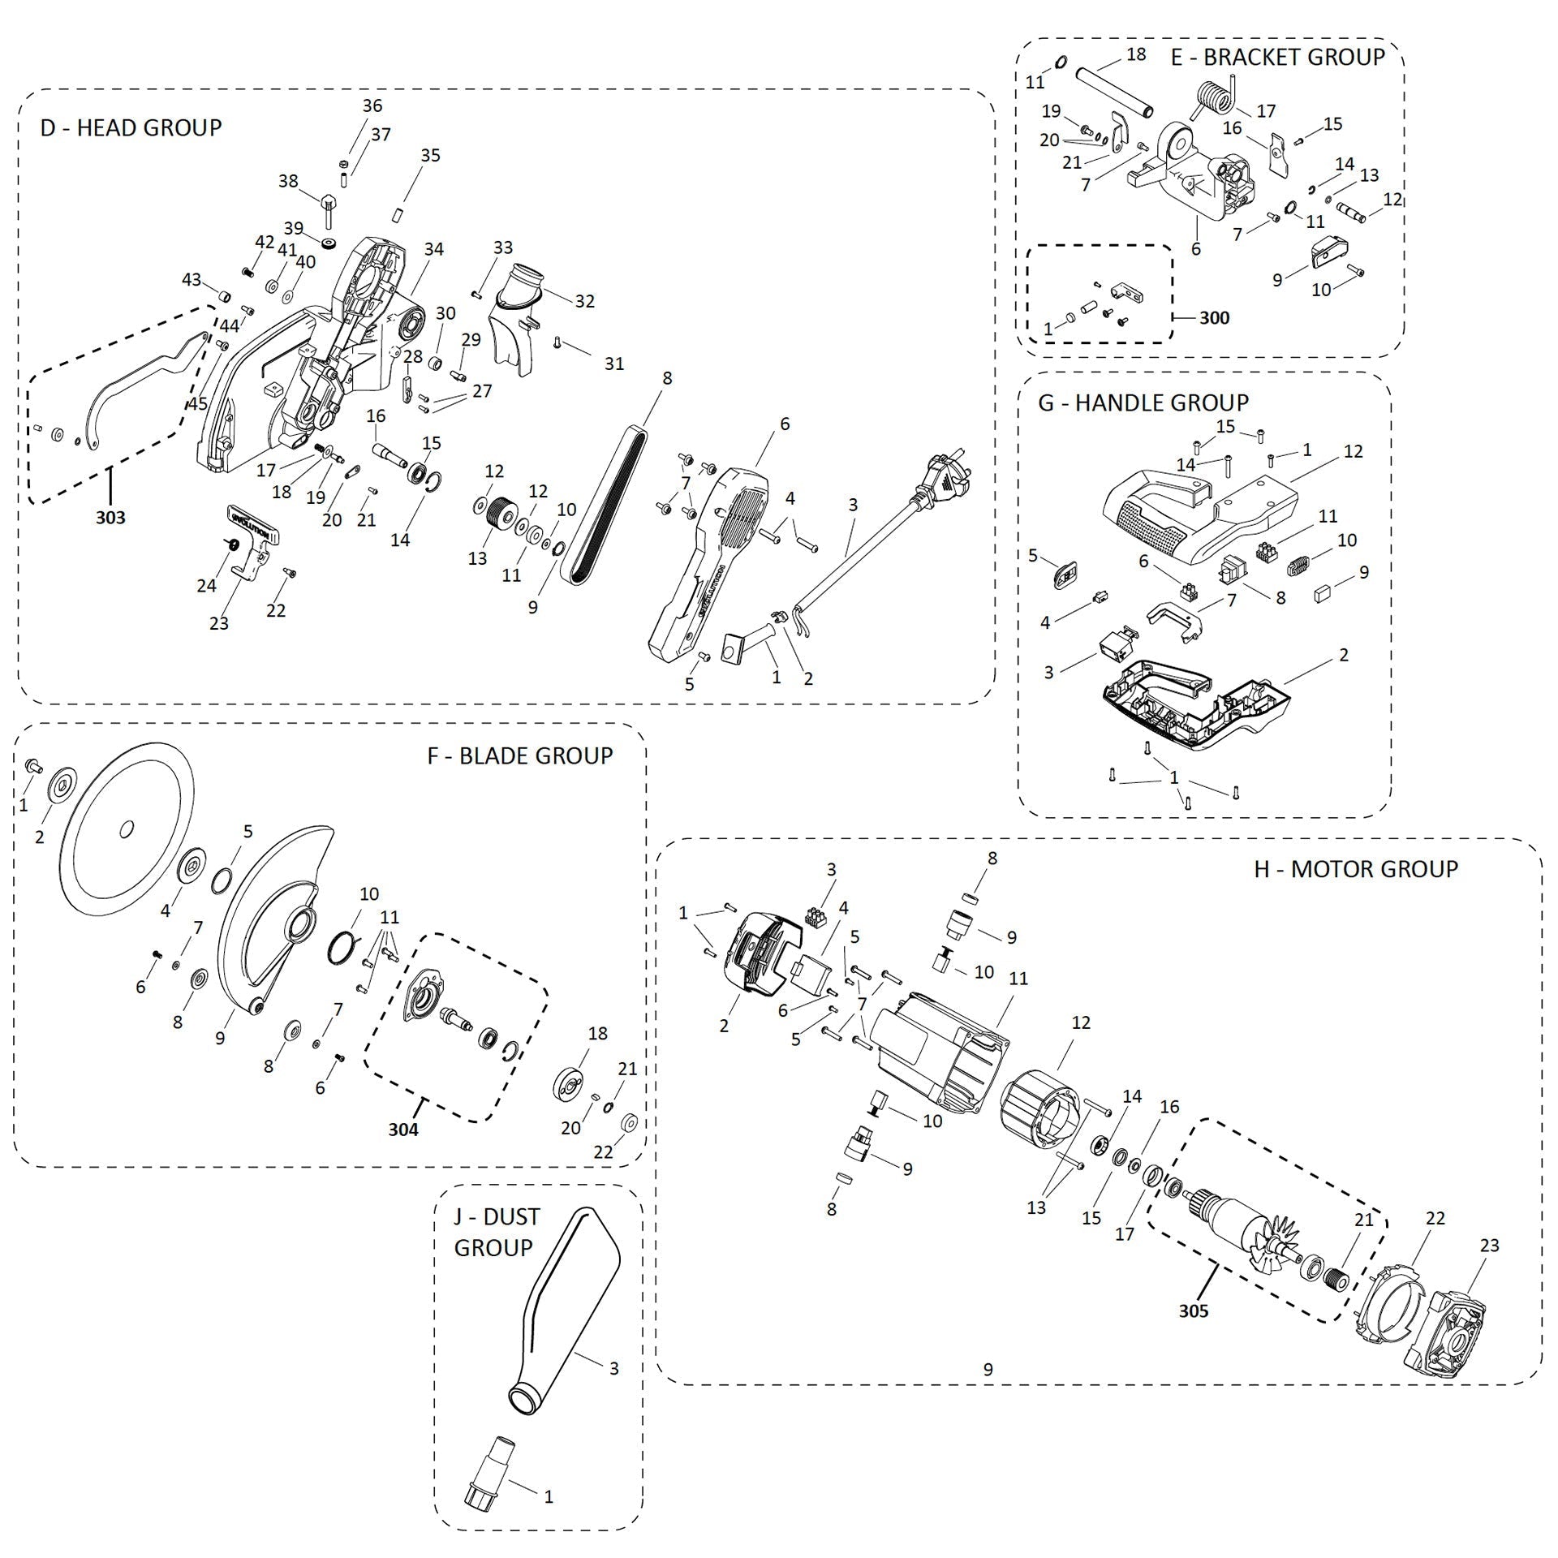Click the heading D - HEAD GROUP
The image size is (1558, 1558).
coord(131,127)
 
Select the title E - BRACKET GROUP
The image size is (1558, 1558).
coord(1277,57)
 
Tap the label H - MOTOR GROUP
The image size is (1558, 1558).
coord(1355,869)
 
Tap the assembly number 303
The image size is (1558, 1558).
coord(110,517)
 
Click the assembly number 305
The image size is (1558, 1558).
coord(1194,1311)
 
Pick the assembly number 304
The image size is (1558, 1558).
coord(402,1129)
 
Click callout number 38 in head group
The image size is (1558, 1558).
coord(288,181)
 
